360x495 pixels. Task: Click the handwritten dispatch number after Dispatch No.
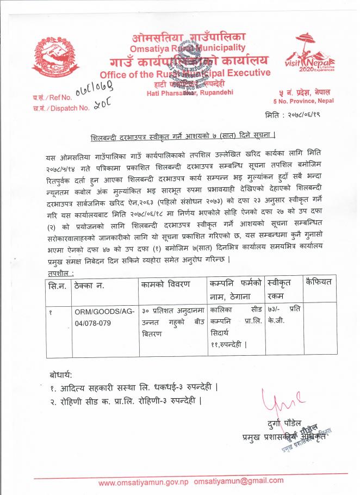[99, 107]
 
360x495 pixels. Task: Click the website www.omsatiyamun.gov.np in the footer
[143, 481]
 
